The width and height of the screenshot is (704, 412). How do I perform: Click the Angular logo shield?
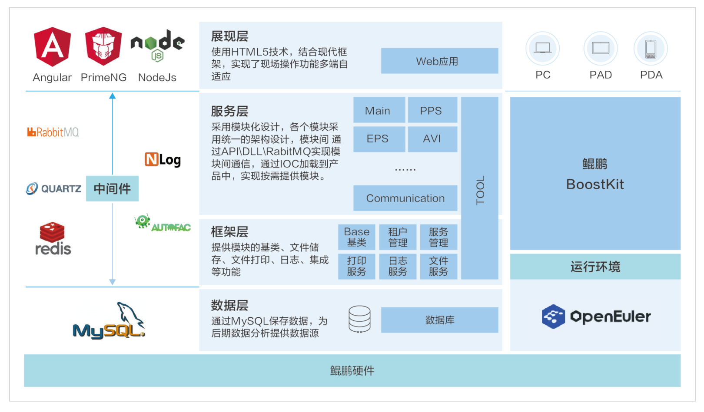[52, 46]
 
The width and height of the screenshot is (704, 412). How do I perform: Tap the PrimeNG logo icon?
[103, 46]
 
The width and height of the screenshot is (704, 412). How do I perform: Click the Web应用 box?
[439, 61]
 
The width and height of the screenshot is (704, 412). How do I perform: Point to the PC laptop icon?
[542, 48]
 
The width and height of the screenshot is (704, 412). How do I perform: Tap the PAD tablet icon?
[601, 48]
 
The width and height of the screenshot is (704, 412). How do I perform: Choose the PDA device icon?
[651, 49]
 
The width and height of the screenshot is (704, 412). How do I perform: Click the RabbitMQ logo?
[53, 132]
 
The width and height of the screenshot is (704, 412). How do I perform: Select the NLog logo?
[163, 160]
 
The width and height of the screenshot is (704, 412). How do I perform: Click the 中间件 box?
[112, 188]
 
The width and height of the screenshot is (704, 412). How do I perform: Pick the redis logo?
[53, 239]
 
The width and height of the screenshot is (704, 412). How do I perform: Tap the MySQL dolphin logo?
[109, 321]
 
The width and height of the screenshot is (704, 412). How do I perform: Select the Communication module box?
[405, 198]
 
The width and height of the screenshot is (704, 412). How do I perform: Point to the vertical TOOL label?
[480, 190]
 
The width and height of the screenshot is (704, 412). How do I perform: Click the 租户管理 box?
[398, 237]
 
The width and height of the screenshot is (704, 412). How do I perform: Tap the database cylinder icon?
[359, 319]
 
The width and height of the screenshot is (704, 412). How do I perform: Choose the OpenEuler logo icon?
[553, 316]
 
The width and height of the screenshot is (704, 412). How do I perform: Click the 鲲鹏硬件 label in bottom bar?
[352, 371]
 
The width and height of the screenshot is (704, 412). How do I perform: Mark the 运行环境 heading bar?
[595, 267]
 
